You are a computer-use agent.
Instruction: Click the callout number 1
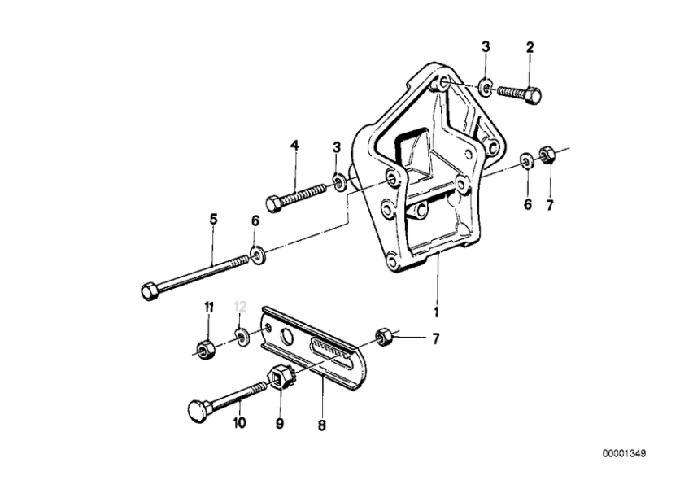tap(436, 312)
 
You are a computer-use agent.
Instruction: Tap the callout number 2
tap(530, 47)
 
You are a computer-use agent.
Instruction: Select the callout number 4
tap(294, 145)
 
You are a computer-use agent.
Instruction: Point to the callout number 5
tap(213, 219)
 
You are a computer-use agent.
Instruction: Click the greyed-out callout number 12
tap(240, 307)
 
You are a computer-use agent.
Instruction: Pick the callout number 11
tap(209, 308)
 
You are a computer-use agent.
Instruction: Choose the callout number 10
tap(239, 422)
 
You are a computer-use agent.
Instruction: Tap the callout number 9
tap(280, 423)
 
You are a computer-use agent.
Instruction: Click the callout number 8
tap(321, 425)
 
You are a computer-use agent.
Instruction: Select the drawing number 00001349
tap(624, 453)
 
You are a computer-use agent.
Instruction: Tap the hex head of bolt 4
tap(272, 203)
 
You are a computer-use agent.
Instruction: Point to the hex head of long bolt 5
tap(150, 291)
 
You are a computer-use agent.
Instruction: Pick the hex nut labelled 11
tap(203, 349)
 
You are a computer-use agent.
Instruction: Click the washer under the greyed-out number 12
tap(240, 336)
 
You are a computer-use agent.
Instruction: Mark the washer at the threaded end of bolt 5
tap(258, 255)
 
